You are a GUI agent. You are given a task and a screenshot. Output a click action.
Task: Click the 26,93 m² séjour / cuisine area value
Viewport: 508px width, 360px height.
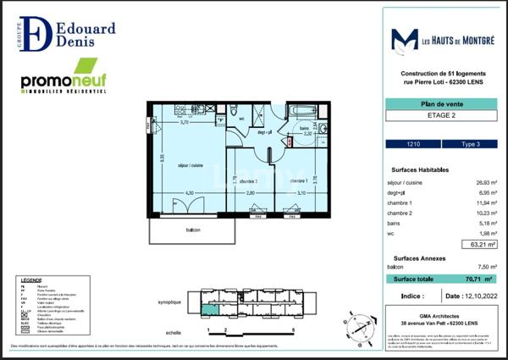[x=481, y=181]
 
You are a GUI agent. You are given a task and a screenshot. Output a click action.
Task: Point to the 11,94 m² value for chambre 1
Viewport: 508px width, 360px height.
[x=481, y=203]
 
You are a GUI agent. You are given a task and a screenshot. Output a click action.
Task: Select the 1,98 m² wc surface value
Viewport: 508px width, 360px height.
[x=481, y=234]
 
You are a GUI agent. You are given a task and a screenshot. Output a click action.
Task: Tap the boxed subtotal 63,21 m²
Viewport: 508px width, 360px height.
[x=480, y=245]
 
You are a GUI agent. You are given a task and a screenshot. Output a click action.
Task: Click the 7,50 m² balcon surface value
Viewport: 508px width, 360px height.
[x=482, y=267]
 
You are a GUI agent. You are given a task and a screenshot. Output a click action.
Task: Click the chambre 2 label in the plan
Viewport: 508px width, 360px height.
[x=248, y=181]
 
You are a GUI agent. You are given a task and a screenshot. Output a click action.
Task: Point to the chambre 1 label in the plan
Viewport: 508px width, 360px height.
[x=298, y=180]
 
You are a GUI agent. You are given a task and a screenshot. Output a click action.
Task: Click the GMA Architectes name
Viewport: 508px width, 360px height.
[x=436, y=315]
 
